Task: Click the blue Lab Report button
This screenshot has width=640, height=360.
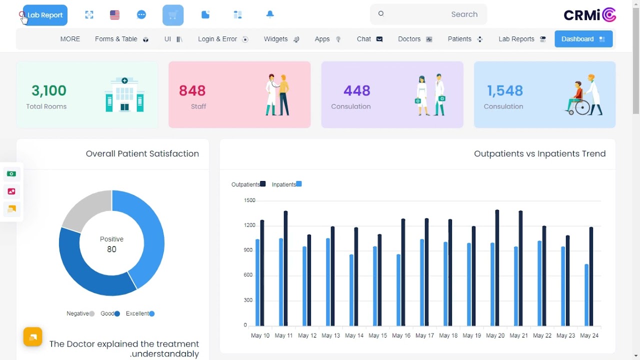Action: pos(45,15)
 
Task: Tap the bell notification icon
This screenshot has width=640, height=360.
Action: pos(270,14)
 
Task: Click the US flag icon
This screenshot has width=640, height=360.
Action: pos(114,15)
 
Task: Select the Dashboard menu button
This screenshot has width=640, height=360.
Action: pos(583,39)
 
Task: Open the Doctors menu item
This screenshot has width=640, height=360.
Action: pos(414,39)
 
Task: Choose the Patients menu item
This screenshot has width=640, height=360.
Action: pos(464,39)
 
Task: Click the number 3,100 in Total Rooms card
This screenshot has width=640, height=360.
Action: pos(49,90)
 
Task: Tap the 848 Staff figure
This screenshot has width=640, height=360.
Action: pos(192,90)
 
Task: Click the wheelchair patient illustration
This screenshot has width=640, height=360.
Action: pos(584,95)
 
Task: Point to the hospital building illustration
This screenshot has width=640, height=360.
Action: pos(124,94)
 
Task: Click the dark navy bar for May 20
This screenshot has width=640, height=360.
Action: pos(497,267)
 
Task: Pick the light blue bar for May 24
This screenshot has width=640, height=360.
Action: pos(586,295)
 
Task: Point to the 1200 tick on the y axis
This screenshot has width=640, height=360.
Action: pos(249,225)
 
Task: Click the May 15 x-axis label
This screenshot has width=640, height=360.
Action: pos(377,335)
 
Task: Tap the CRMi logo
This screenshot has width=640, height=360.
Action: pos(589,15)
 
